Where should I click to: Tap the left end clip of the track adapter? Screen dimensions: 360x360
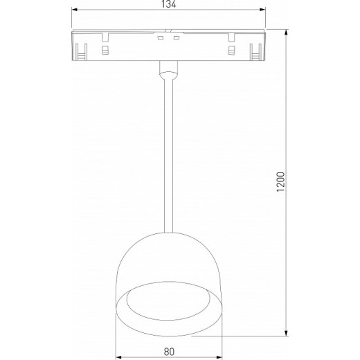pos(80,49)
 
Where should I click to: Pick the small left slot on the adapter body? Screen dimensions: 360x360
pos(105,51)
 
